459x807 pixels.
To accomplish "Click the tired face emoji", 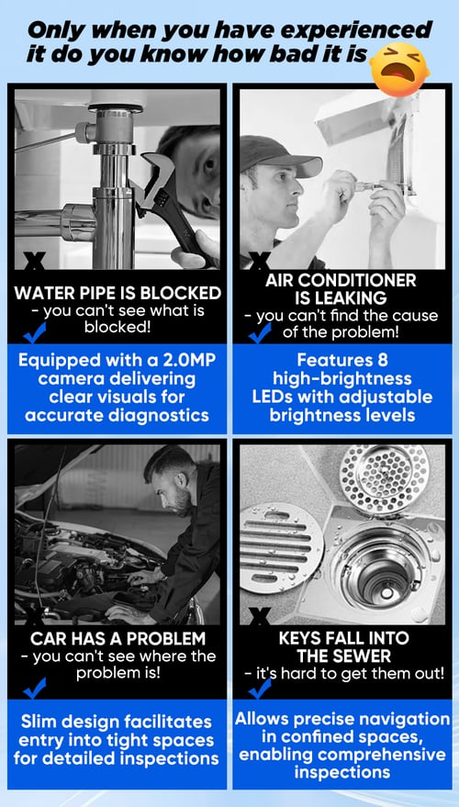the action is [399, 70].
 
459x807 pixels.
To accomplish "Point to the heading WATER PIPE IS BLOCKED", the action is [118, 294].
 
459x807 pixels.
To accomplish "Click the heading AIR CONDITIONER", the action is [341, 281].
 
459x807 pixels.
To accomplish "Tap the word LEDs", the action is [275, 398].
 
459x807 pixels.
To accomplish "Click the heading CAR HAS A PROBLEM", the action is [118, 639].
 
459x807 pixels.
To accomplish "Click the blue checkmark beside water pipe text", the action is [35, 332].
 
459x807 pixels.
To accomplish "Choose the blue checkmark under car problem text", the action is [35, 689].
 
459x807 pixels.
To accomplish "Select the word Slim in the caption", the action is [39, 722].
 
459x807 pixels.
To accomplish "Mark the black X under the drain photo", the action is [261, 616].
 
